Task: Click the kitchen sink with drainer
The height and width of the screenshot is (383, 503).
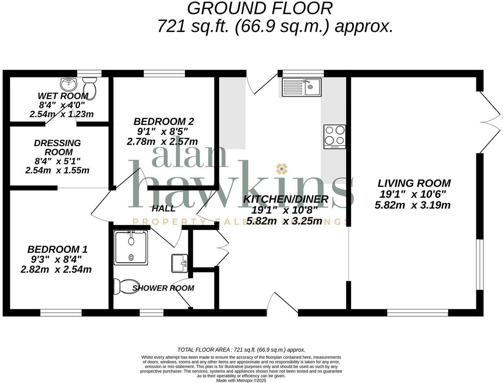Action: [x=302, y=87]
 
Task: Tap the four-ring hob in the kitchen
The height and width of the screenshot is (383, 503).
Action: [x=334, y=136]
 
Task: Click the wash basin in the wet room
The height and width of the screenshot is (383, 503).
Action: [x=68, y=84]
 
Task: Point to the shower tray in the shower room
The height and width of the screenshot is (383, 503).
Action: [x=131, y=247]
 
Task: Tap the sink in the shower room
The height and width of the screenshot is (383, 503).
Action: [x=179, y=263]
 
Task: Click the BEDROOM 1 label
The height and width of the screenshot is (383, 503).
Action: [x=57, y=250]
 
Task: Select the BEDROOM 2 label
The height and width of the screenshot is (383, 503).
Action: [x=163, y=121]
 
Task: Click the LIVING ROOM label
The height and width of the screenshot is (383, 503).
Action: [x=414, y=183]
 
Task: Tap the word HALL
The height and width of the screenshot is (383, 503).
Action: [x=163, y=209]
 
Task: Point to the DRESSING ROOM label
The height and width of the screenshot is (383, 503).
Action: [x=57, y=147]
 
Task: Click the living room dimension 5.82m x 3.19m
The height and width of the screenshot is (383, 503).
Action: [x=412, y=205]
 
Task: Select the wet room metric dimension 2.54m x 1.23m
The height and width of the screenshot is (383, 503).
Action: [x=61, y=114]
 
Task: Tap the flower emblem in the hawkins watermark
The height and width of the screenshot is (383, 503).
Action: [x=281, y=168]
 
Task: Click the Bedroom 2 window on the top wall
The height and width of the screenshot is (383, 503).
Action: [x=164, y=73]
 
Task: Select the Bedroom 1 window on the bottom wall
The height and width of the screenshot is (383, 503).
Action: [x=61, y=313]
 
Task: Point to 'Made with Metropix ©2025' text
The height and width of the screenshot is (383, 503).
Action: [x=241, y=380]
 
